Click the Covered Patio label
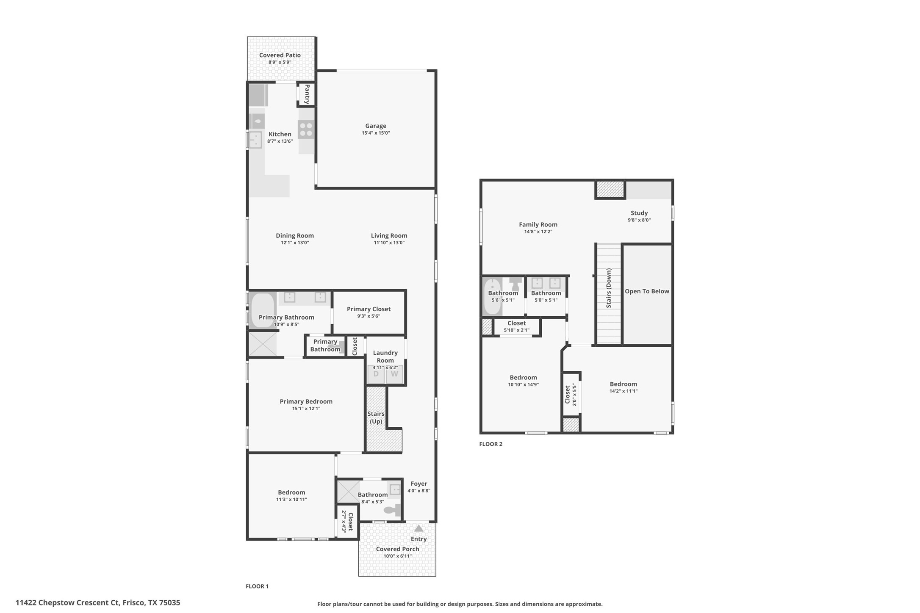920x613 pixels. coord(280,55)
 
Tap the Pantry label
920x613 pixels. coord(307,94)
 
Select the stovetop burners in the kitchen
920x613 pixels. coord(306,130)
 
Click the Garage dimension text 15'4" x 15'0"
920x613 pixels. coord(375,133)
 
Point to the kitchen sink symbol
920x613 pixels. coord(255,140)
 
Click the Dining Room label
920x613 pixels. coord(294,236)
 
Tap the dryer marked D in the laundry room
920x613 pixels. coord(376,375)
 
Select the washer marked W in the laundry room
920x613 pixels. coord(394,375)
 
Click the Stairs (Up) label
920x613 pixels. coord(376,417)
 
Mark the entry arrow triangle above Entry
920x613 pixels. coord(418,528)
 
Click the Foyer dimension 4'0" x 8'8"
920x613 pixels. coord(418,491)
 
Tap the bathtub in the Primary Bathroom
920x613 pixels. coord(263,310)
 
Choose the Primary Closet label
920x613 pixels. coord(369,309)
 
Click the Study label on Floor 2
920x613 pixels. coord(639,213)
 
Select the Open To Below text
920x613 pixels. coord(647,291)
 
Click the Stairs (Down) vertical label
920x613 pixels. coord(609,288)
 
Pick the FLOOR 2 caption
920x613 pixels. coord(490,444)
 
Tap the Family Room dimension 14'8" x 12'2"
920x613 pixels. coord(538,232)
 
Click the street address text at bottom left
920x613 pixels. coord(98,602)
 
